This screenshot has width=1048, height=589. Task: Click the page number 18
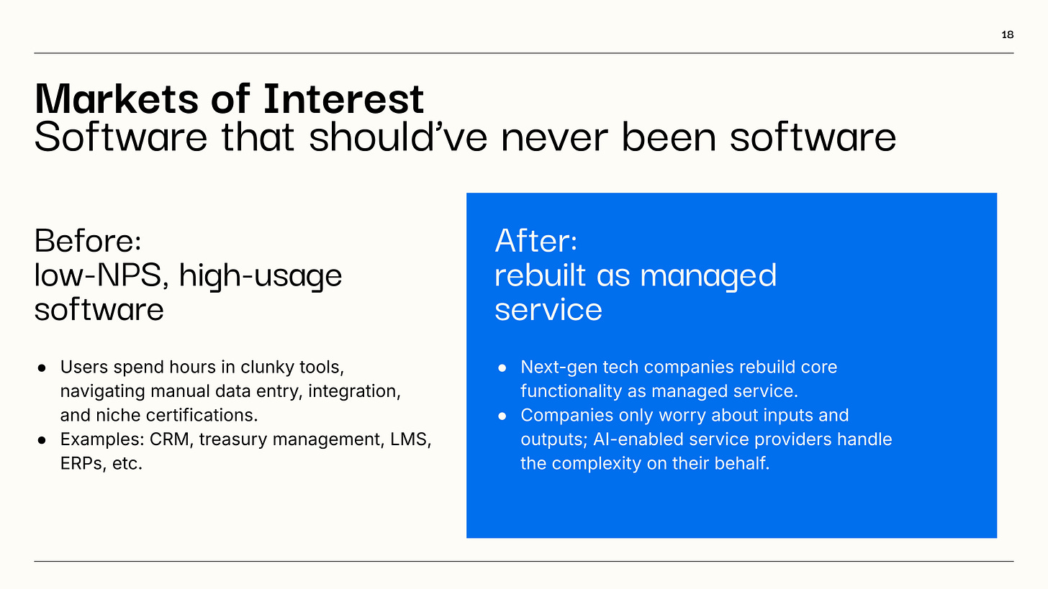tap(1007, 35)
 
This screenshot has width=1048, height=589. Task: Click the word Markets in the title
tap(117, 99)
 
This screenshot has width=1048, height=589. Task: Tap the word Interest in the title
tap(344, 99)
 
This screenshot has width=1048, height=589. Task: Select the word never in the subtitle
tap(554, 138)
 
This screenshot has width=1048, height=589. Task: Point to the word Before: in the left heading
tap(88, 241)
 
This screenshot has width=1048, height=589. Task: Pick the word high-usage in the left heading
tap(261, 277)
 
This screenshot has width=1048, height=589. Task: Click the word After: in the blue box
tap(536, 241)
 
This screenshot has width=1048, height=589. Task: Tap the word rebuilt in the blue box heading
tap(540, 275)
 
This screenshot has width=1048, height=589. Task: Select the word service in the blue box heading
tap(548, 310)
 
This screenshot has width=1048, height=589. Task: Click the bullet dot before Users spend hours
tap(42, 368)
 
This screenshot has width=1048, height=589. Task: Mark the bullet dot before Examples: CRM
tap(42, 440)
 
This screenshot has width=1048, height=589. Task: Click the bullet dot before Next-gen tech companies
tap(502, 368)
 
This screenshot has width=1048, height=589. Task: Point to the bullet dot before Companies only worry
tap(502, 416)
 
